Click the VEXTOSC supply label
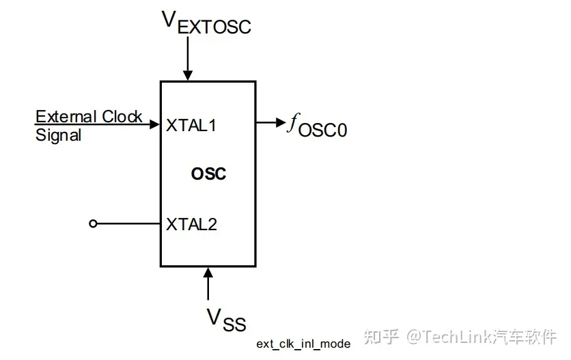206,23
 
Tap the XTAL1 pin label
191,126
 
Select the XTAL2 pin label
191,224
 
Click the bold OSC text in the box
208,174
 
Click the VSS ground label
226,319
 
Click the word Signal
58,135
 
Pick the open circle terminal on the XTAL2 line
94,223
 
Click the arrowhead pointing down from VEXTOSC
187,75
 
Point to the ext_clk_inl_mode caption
303,344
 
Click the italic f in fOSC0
293,124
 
